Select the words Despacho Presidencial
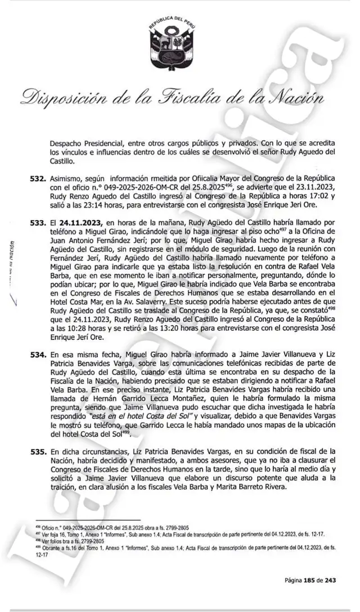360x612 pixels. tap(87, 143)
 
